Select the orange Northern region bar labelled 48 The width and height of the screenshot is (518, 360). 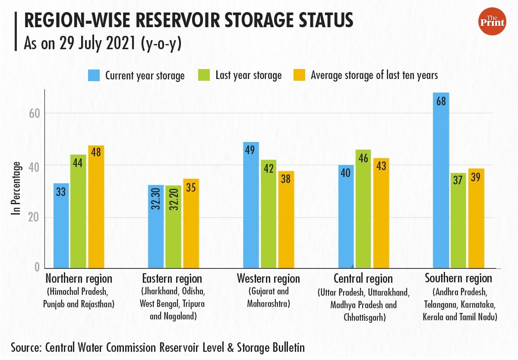96,207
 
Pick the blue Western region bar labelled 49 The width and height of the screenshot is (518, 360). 251,205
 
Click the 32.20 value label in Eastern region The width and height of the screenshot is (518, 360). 173,202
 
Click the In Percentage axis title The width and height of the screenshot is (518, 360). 16,188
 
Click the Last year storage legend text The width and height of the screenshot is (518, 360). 248,75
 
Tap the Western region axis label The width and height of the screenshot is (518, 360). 268,278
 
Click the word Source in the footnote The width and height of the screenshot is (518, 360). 25,347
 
